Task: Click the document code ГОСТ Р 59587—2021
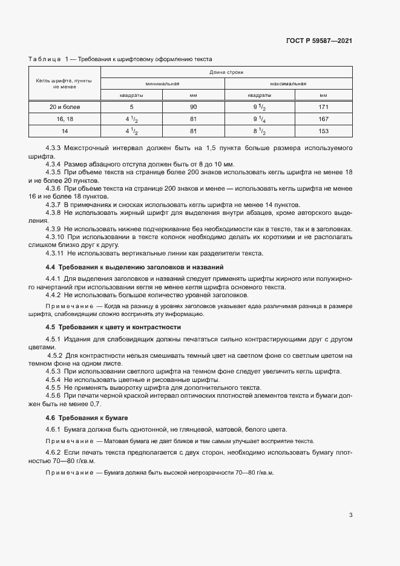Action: pos(318,41)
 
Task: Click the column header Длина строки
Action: pos(226,72)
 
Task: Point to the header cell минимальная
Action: pos(162,84)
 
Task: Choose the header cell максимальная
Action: pos(288,84)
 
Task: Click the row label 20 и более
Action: pos(64,107)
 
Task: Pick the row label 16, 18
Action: pos(64,119)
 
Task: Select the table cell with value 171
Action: pos(323,107)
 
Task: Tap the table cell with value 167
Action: pos(323,119)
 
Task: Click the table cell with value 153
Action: pos(323,130)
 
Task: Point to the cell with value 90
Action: pos(193,107)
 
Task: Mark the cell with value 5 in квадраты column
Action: pos(131,107)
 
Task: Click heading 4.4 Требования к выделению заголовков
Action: pos(134,267)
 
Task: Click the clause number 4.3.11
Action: pos(56,254)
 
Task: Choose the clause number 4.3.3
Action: pos(54,148)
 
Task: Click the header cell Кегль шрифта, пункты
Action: pos(64,80)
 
